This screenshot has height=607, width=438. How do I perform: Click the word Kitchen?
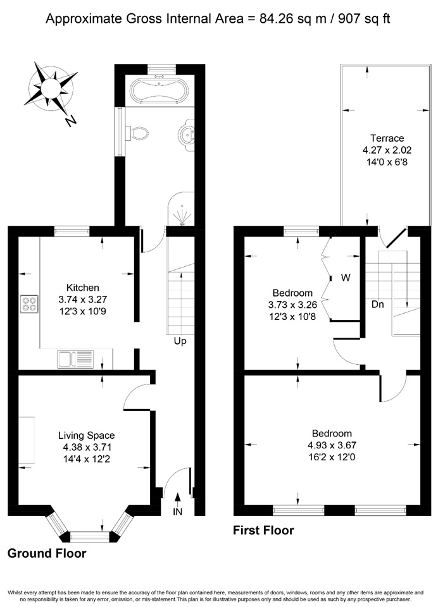(83, 288)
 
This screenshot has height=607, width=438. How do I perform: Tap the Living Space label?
(86, 435)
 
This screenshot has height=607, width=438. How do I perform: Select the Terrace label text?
(387, 138)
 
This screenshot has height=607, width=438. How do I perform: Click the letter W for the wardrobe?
(346, 276)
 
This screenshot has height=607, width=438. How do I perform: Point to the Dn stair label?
(377, 304)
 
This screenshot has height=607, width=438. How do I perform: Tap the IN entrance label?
(178, 512)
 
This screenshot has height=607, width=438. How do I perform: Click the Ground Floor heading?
(47, 554)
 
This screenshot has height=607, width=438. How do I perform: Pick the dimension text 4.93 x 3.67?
(332, 445)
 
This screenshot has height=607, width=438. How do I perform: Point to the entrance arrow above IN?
(178, 498)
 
